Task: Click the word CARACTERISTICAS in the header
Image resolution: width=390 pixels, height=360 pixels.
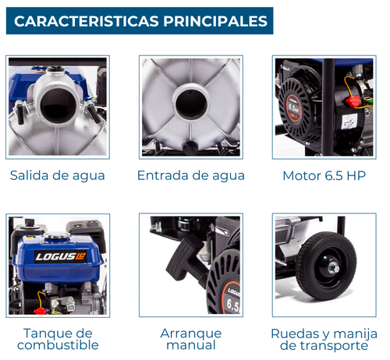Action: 87,21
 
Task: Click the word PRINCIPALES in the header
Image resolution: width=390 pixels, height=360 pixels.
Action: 215,21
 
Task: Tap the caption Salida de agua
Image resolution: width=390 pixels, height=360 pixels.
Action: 58,176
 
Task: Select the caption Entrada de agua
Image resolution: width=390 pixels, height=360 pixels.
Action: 191,176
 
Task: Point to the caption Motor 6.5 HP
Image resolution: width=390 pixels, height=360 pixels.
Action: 324,176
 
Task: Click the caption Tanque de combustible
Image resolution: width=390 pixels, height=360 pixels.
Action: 58,339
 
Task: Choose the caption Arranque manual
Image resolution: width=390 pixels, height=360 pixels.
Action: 191,339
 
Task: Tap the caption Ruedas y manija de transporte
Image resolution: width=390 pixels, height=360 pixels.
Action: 324,340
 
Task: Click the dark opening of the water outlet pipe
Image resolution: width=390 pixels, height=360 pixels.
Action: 58,106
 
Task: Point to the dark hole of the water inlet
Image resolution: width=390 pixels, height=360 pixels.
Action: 191,104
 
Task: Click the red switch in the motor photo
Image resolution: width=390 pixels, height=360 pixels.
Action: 353,101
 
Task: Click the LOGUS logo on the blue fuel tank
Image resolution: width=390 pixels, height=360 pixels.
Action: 61,257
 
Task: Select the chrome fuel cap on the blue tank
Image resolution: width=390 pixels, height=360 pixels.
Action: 57,236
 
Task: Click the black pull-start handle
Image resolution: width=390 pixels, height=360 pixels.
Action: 184,256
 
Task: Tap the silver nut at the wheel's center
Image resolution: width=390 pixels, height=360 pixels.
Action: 333,267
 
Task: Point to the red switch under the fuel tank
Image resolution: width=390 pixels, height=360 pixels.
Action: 40,311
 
